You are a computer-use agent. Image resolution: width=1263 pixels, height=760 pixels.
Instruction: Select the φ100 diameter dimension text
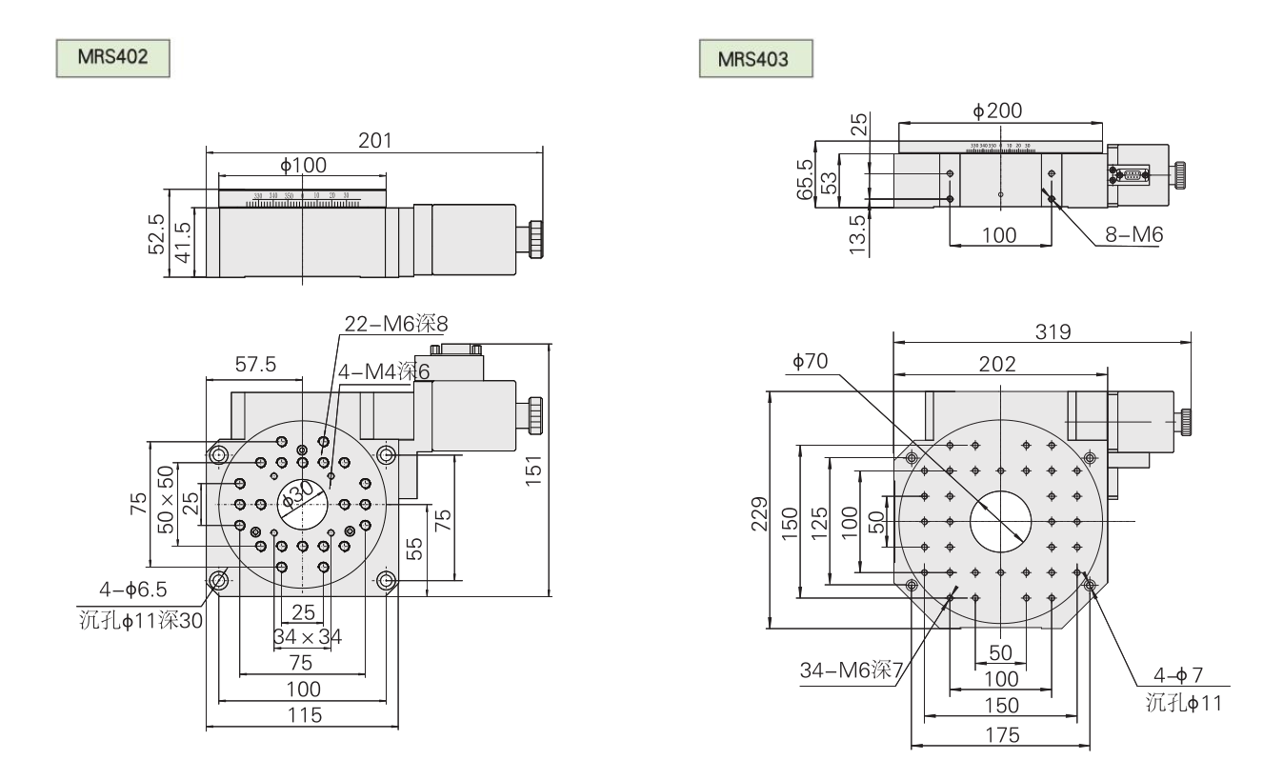[x=303, y=165]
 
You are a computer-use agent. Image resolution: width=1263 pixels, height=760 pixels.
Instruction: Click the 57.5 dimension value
[x=251, y=364]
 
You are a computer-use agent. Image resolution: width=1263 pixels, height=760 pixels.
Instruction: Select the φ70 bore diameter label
[x=809, y=361]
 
